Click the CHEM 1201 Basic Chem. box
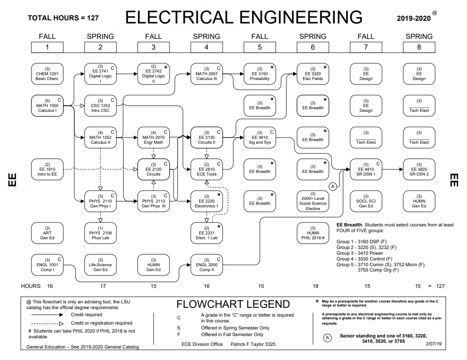point(47,74)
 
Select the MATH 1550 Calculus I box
point(47,106)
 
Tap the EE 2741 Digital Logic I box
point(100,74)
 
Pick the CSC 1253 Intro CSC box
point(100,106)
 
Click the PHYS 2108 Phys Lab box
point(100,233)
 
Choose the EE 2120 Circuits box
point(153,169)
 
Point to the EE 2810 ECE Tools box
point(206,169)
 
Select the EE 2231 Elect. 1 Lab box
point(206,233)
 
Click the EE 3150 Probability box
point(259,74)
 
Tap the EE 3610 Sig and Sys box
point(259,138)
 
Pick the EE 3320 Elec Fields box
point(313,74)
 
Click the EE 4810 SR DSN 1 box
point(366,169)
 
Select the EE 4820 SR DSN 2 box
point(419,169)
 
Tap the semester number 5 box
point(259,47)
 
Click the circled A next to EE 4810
point(333,187)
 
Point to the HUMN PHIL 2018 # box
point(313,233)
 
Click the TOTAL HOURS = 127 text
point(63,18)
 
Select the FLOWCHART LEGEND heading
point(233,304)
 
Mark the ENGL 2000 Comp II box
point(206,265)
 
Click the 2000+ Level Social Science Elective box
point(313,201)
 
